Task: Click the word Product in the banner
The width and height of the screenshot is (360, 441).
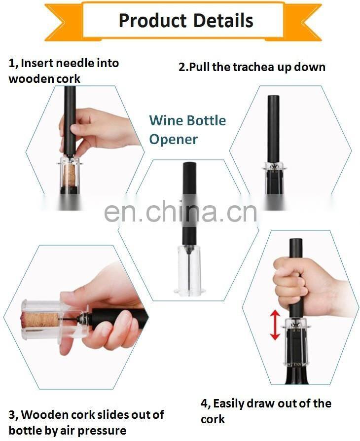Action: (x=153, y=21)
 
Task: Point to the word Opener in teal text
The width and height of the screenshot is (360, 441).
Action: (x=173, y=139)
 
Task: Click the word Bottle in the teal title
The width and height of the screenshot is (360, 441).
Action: (x=207, y=120)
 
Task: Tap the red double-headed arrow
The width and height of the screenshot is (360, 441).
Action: (x=275, y=325)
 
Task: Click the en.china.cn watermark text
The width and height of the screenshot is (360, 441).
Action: (x=180, y=212)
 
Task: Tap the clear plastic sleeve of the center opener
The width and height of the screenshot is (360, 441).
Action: (x=188, y=270)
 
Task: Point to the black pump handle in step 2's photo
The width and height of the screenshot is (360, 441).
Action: (x=273, y=129)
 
